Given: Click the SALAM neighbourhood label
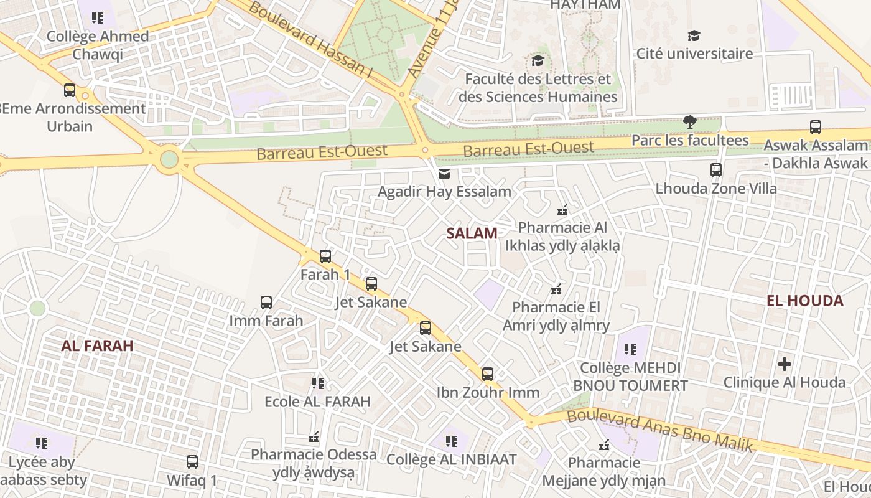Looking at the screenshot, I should [472, 233].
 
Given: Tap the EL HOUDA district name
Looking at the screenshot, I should [804, 301].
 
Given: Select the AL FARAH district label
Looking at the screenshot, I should [97, 346].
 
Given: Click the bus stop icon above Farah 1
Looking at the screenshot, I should [325, 256].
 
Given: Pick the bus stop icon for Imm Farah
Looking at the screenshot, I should [266, 303].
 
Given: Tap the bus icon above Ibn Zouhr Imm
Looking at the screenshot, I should [488, 374].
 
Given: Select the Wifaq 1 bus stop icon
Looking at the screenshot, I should [192, 462].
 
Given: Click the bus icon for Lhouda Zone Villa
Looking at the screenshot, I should [716, 169].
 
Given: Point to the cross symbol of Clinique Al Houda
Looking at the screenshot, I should [785, 364].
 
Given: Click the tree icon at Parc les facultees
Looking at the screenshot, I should [689, 121].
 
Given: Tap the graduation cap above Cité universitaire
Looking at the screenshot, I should [694, 35].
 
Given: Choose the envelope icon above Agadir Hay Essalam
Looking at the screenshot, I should [444, 173].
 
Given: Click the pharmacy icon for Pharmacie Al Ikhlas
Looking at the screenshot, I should [562, 209].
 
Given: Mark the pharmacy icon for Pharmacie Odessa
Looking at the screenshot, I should [314, 437].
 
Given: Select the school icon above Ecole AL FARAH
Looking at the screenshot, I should [318, 383].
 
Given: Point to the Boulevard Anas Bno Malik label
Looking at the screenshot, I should [660, 430].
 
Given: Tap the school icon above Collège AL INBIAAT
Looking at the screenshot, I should [452, 441].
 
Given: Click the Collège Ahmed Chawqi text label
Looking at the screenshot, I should [98, 45].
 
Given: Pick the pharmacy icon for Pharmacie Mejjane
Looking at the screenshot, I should [603, 445].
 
